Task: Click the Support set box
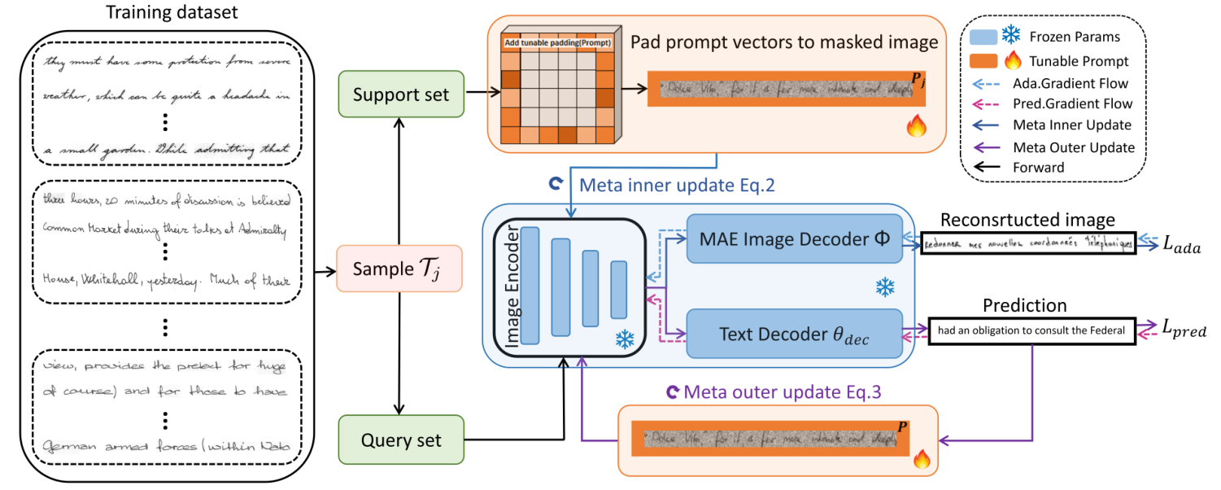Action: [x=401, y=94]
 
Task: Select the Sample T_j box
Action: [x=399, y=269]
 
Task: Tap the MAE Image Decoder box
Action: [x=795, y=239]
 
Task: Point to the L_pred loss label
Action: [x=1183, y=330]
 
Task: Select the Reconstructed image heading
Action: [x=1027, y=220]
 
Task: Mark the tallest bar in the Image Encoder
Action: [x=530, y=286]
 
